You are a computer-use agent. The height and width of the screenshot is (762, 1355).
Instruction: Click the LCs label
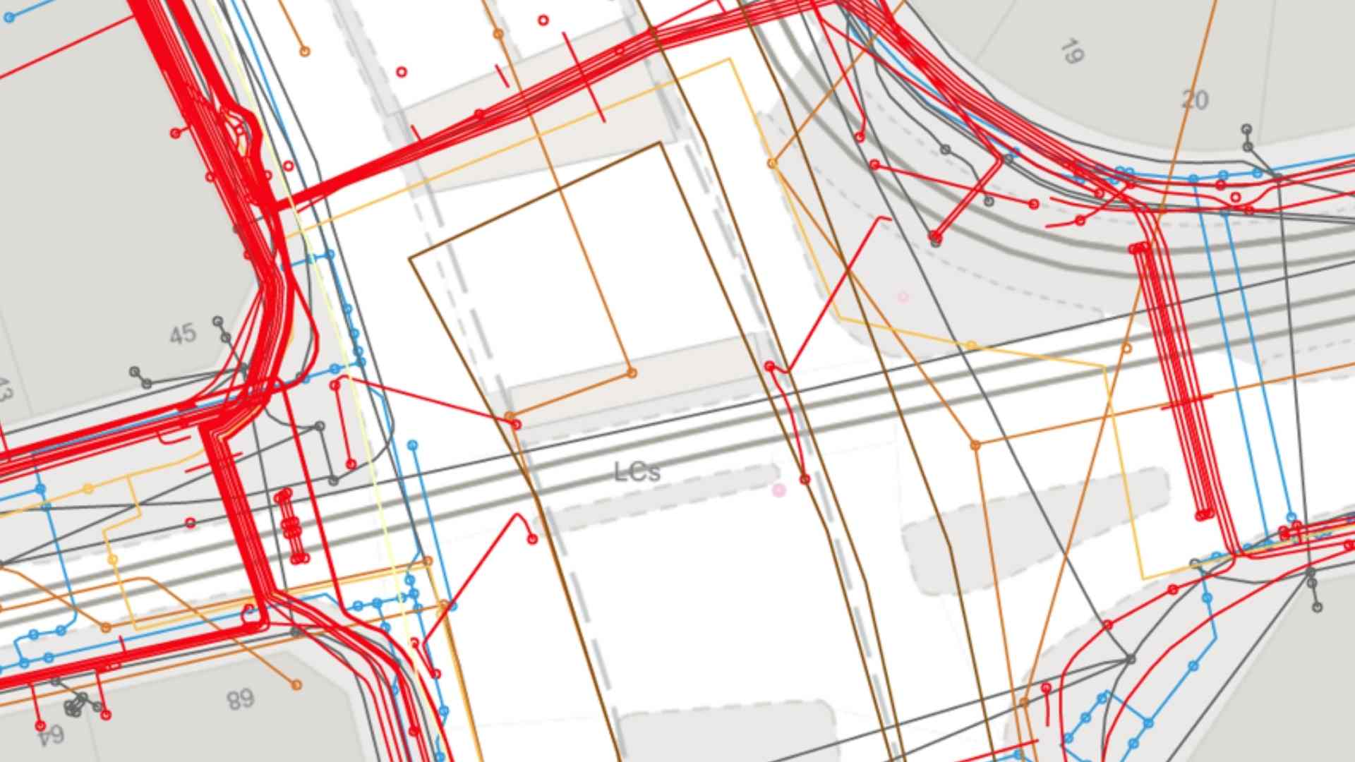coord(637,472)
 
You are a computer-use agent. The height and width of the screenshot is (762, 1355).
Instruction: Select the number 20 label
coord(1195,100)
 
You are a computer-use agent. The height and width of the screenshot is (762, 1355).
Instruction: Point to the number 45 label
coord(183,334)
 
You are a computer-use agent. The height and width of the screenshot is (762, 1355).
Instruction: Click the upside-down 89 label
coord(241,699)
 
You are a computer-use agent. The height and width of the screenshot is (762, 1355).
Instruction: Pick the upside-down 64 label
coord(51,736)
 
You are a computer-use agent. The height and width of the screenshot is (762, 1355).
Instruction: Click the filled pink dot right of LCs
coord(779,490)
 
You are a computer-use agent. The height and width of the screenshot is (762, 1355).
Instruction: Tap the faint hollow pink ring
coord(903,297)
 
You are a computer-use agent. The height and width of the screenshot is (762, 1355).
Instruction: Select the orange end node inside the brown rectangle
coord(632,373)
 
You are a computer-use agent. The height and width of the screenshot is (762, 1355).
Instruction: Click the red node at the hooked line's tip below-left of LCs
coord(533,540)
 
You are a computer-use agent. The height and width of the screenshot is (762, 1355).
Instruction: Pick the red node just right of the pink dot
coord(805,480)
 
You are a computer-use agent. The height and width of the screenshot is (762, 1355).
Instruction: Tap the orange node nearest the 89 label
coord(296,684)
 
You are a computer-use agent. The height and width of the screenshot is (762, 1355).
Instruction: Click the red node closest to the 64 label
coord(40,725)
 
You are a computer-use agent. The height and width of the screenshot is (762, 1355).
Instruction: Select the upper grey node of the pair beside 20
coord(1247,130)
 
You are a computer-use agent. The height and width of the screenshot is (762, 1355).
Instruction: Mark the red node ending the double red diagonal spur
coord(936,236)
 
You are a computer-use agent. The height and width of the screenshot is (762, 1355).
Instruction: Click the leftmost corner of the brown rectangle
coord(410,258)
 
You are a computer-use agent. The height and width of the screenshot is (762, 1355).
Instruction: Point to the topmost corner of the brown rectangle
coord(661,143)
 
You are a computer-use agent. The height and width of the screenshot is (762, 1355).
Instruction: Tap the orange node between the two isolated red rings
coord(498,34)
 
